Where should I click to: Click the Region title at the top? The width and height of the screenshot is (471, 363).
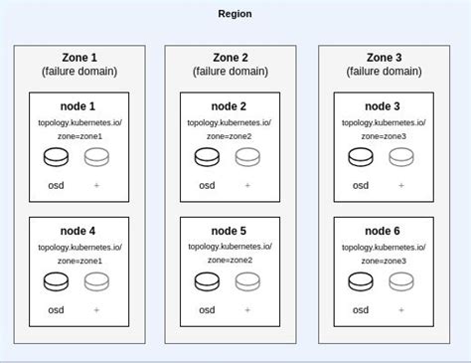[235, 14]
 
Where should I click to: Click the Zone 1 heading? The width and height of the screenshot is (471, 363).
[80, 58]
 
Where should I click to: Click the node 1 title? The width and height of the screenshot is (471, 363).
[80, 106]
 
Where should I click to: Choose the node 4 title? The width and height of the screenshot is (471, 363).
[80, 231]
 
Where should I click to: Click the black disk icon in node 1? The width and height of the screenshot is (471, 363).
[55, 157]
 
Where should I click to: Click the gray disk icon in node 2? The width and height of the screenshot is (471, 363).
[248, 157]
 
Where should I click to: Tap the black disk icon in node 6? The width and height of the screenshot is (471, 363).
[361, 281]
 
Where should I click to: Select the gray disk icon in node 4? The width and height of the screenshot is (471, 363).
[96, 281]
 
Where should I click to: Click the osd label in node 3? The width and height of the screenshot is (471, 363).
[361, 185]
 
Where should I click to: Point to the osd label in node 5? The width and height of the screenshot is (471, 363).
[208, 309]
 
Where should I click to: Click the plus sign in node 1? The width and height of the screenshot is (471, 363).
[96, 185]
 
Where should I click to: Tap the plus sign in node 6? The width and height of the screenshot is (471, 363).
[401, 309]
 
